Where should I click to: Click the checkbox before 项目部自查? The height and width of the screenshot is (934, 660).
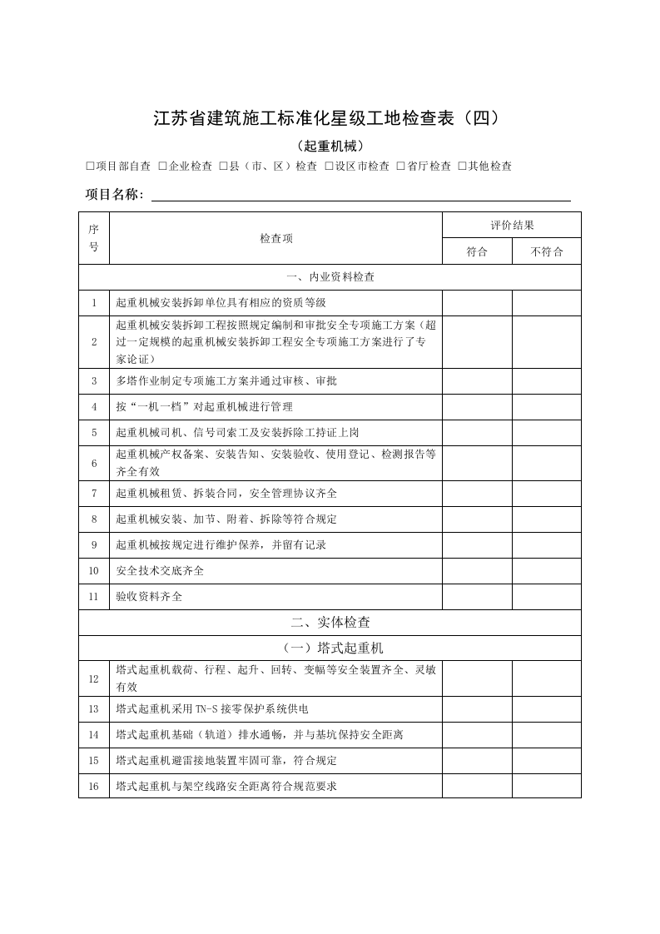click(x=90, y=166)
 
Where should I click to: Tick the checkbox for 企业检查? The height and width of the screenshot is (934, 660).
click(x=162, y=166)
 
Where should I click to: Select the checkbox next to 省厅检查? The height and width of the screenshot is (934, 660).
click(x=401, y=166)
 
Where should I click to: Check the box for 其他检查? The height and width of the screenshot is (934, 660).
click(x=462, y=166)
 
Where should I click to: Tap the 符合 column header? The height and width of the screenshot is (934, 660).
click(x=477, y=251)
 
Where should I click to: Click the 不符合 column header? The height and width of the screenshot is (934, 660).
click(x=546, y=251)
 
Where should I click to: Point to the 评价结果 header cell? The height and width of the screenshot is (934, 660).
click(x=511, y=226)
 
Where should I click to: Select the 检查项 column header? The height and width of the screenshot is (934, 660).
click(x=275, y=238)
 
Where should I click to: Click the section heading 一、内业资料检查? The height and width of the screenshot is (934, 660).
click(x=330, y=277)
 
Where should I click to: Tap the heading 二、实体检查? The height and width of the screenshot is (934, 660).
click(x=330, y=622)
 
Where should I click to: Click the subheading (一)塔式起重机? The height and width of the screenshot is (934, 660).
click(x=330, y=648)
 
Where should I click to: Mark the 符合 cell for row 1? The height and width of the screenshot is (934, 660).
click(x=477, y=303)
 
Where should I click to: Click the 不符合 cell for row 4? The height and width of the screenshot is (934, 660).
click(x=546, y=407)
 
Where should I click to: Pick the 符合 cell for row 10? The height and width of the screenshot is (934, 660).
click(x=477, y=571)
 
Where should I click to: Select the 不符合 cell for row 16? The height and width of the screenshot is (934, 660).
click(x=546, y=786)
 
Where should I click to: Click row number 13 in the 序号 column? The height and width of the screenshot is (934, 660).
click(x=94, y=709)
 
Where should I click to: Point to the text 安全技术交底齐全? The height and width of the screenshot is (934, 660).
click(x=160, y=571)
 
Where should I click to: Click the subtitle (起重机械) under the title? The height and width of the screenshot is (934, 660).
click(x=330, y=145)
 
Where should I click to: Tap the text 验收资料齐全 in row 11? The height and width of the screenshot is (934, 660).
click(x=149, y=597)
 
